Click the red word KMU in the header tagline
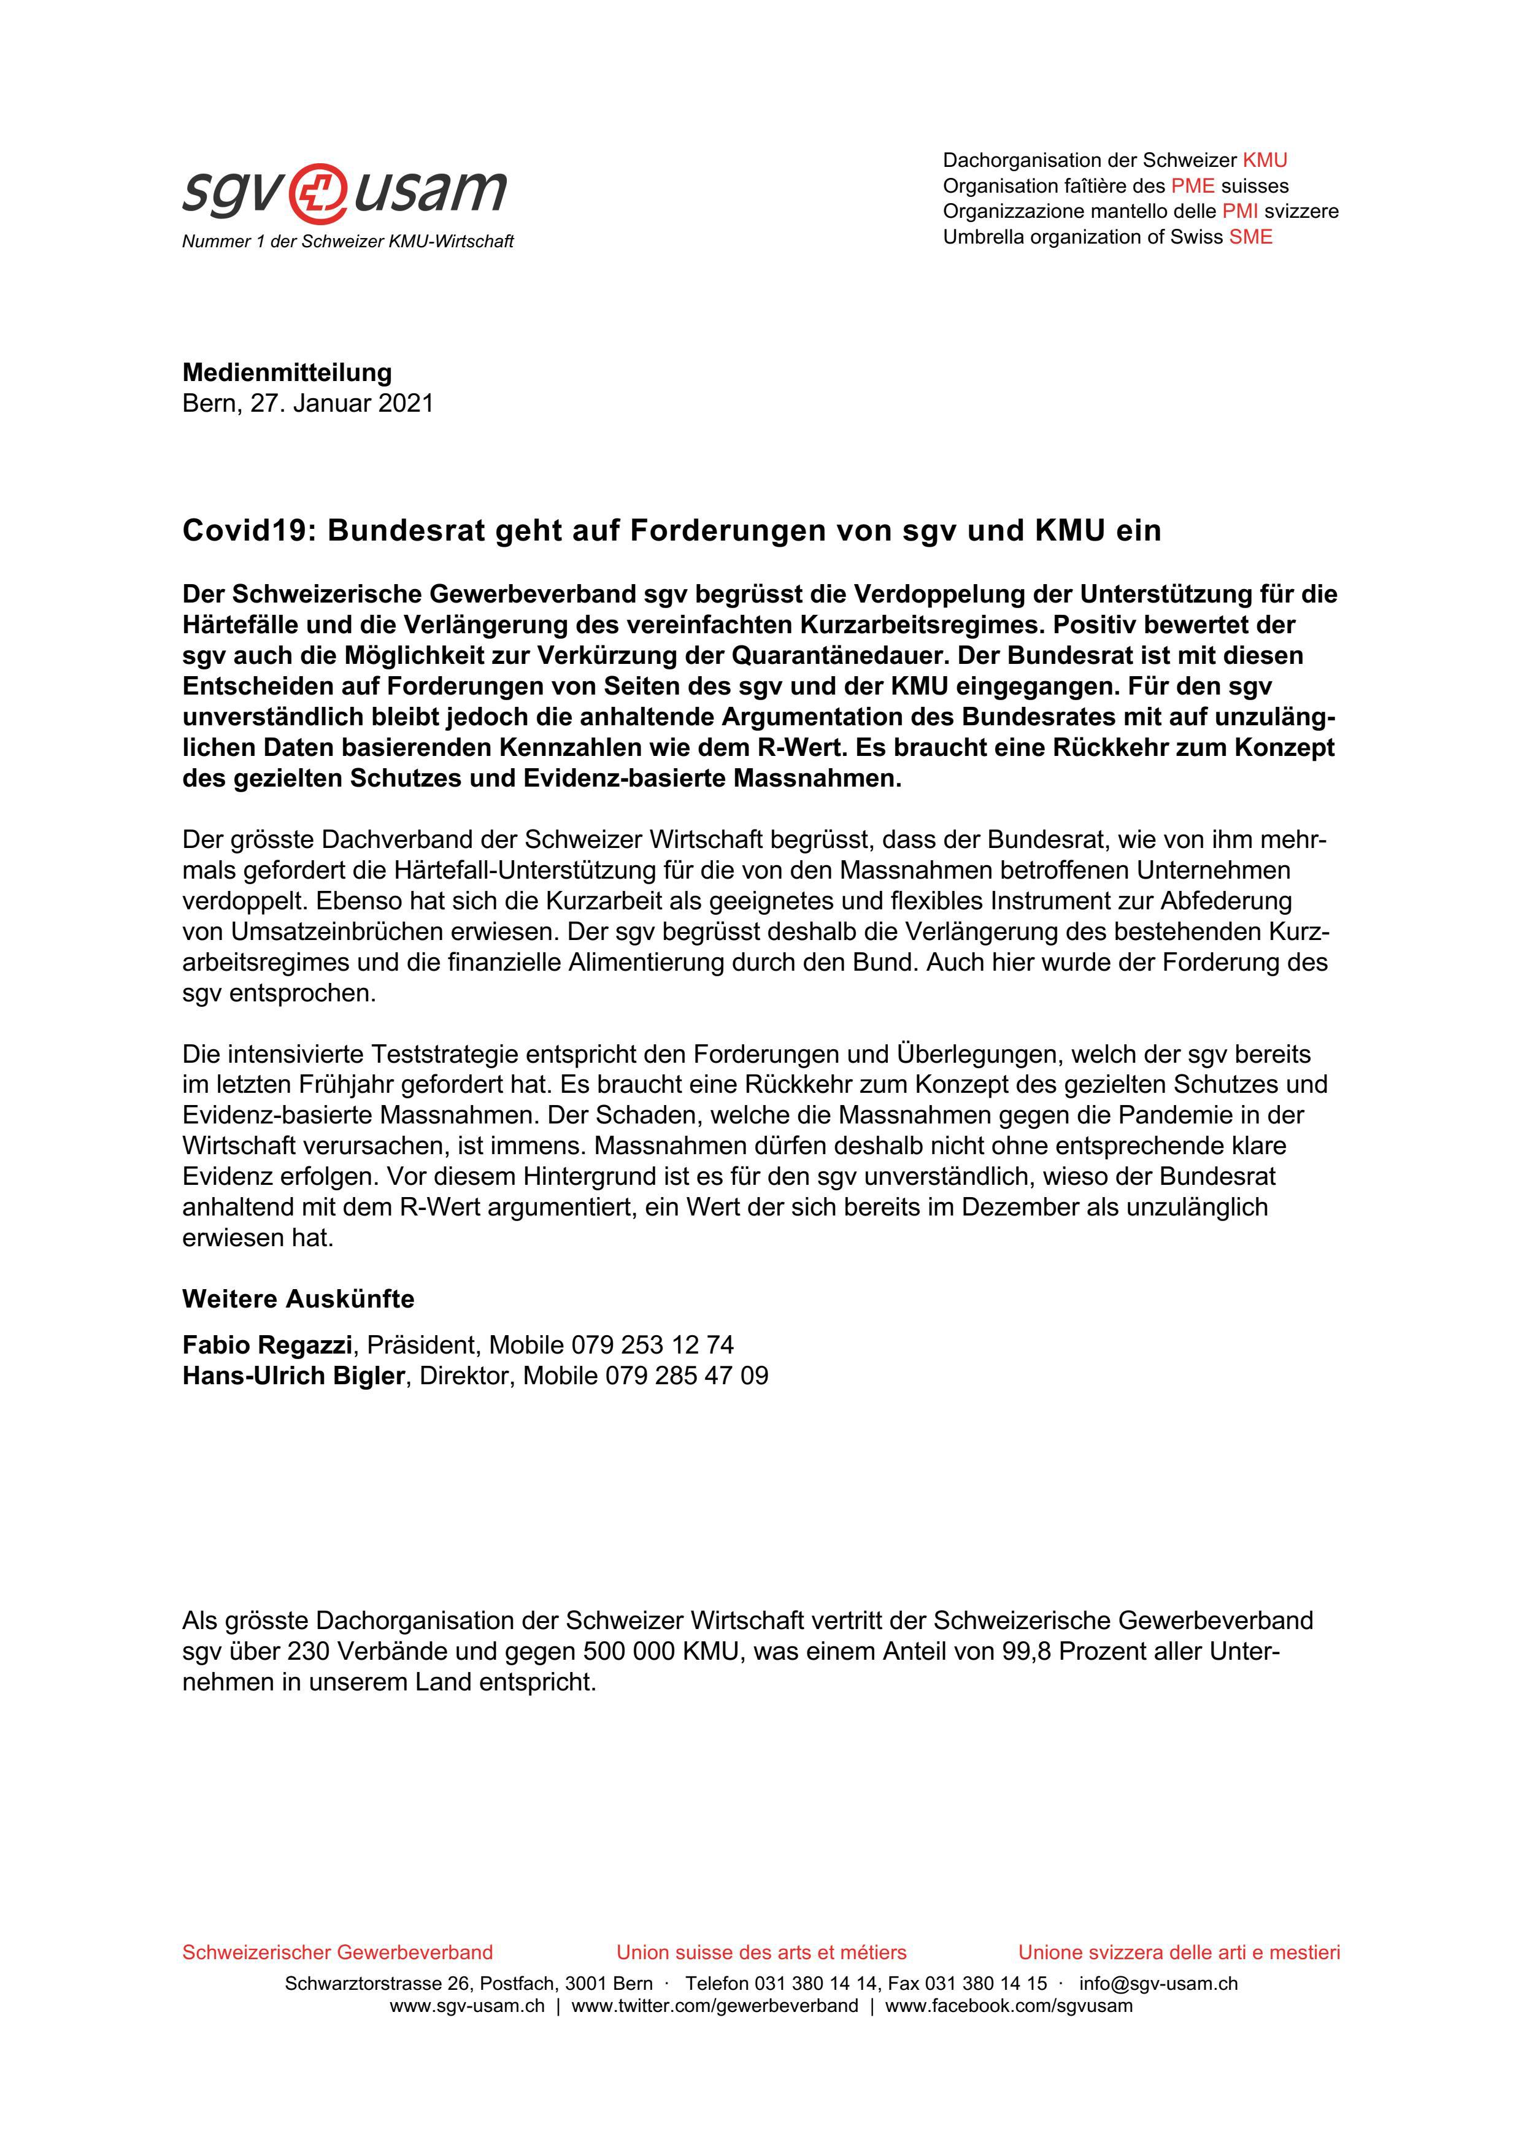[x=1265, y=160]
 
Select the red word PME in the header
[x=1192, y=185]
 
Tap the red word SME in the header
[x=1250, y=237]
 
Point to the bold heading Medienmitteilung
[x=287, y=372]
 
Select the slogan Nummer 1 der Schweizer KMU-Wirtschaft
[x=347, y=242]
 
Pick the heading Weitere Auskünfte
[x=298, y=1299]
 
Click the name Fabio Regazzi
[x=267, y=1345]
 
